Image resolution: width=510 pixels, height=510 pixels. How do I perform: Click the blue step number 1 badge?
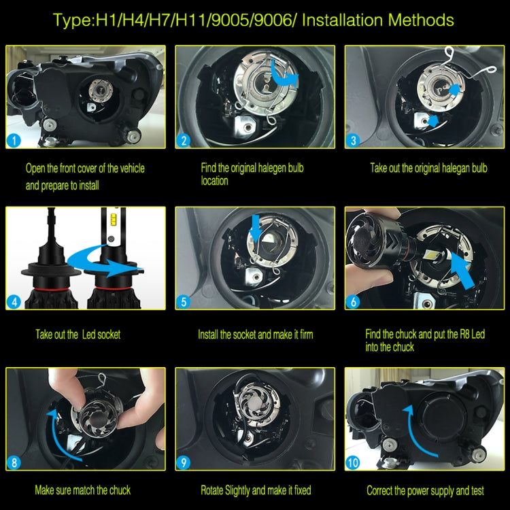pos(14,141)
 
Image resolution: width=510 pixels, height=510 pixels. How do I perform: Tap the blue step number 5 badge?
pos(184,302)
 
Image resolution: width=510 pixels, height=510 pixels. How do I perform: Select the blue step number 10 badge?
pos(354,463)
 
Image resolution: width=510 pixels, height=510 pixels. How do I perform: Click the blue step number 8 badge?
pos(14,463)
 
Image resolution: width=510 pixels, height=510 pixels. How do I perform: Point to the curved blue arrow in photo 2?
pos(282,74)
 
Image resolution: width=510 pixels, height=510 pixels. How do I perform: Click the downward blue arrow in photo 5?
pos(256,228)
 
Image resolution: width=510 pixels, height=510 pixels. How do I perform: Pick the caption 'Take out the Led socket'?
pos(78,335)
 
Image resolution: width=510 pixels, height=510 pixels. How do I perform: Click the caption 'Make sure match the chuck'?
pos(82,490)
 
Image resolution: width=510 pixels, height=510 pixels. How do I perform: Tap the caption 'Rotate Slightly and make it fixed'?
pos(256,490)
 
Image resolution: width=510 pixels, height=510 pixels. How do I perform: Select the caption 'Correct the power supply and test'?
pos(425,490)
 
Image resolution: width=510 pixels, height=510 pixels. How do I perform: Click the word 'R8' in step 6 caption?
pos(464,334)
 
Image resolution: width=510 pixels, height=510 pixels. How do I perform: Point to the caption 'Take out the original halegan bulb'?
pos(428,168)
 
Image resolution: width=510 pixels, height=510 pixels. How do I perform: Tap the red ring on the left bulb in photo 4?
pos(50,289)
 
